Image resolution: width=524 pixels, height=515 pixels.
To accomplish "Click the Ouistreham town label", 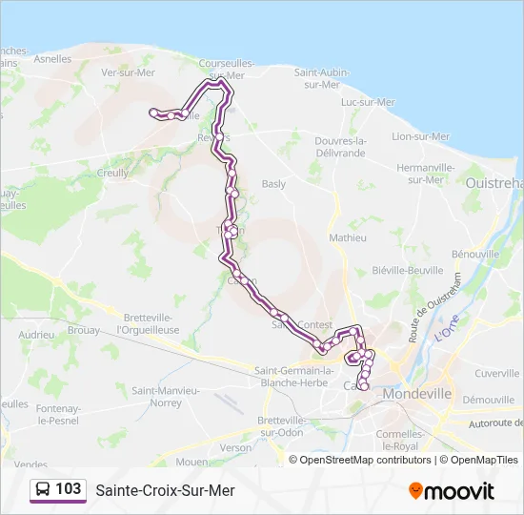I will (494, 182).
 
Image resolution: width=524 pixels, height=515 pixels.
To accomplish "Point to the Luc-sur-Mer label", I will (368, 102).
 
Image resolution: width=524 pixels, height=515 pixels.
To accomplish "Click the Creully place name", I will (113, 173).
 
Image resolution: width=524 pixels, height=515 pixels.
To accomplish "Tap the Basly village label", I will (273, 183).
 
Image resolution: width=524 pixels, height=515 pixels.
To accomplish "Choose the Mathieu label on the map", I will (347, 237).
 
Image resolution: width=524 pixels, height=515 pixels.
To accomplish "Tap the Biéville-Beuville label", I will (408, 270).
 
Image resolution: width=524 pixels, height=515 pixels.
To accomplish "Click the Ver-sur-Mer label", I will (127, 72).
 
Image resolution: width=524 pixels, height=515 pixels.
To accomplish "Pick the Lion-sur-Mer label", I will (420, 136).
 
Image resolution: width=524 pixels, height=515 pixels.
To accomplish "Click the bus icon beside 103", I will (44, 490).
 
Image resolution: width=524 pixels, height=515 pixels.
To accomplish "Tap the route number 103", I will (69, 489).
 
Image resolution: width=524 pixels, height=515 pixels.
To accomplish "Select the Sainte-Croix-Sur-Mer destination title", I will (165, 490).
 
